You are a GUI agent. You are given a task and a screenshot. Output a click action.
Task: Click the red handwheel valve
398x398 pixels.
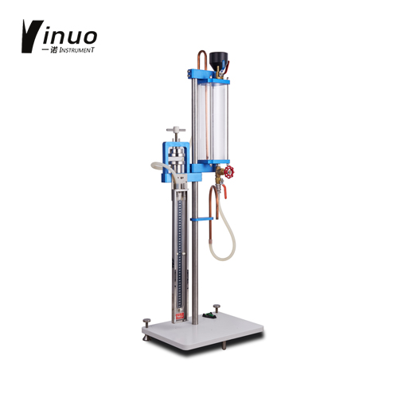[x=228, y=172]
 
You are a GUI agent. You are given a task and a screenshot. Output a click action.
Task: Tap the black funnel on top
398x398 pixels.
[x=218, y=60]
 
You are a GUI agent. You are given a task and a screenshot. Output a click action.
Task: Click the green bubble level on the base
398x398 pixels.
[x=209, y=315]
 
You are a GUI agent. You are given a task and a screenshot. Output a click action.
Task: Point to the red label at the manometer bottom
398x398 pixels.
[x=180, y=316]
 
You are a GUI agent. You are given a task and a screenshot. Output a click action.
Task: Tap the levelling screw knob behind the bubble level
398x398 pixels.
[x=217, y=308]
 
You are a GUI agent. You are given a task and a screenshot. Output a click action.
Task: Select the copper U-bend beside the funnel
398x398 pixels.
[x=202, y=59]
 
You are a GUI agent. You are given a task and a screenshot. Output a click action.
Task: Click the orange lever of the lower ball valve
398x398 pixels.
[x=224, y=192]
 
